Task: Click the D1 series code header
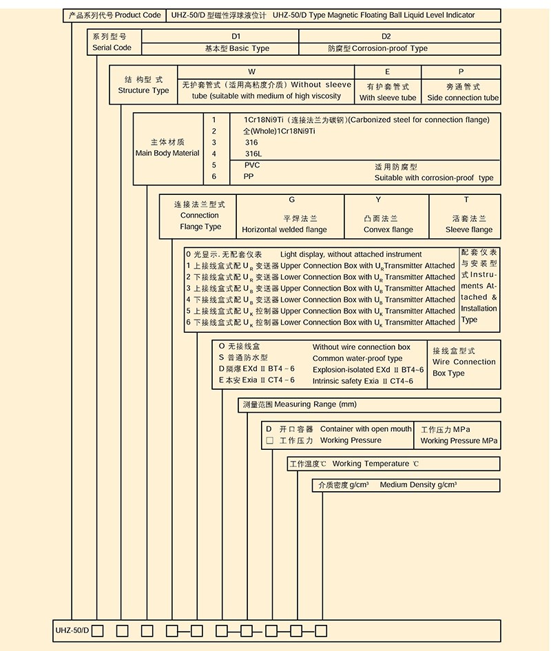click(236, 37)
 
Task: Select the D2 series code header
click(386, 37)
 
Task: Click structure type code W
click(252, 72)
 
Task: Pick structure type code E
click(388, 72)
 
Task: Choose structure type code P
click(461, 72)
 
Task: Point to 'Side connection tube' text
click(463, 98)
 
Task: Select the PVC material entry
click(252, 165)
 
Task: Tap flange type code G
click(292, 200)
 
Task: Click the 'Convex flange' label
click(388, 230)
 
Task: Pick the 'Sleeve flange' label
click(468, 230)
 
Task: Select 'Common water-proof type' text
click(357, 359)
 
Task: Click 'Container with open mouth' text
click(366, 429)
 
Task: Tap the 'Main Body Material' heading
click(167, 154)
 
